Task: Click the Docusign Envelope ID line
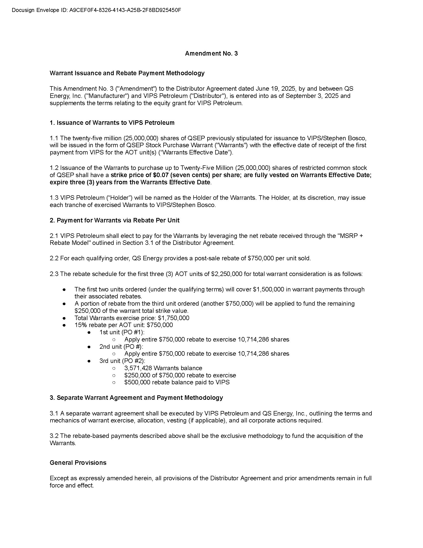96,10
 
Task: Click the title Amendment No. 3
211,54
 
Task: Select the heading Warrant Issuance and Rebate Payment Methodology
127,73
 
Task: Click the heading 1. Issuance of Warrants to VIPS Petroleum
112,123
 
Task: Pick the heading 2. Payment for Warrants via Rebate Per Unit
114,220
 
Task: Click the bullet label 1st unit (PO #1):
122,332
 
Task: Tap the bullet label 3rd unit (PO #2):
122,361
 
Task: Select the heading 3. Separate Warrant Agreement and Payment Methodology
136,398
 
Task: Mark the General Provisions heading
78,463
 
